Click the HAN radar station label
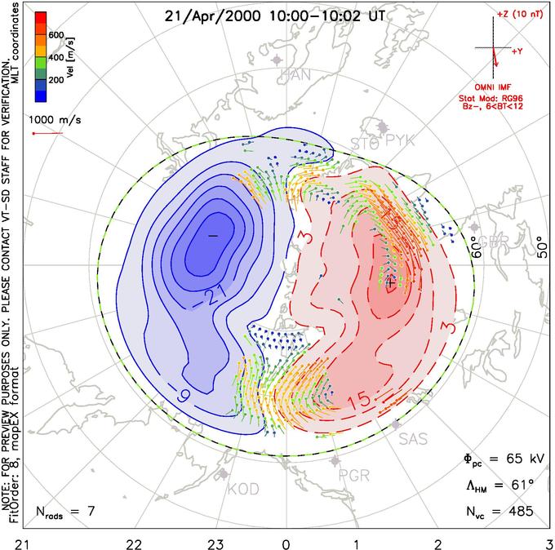(x=295, y=76)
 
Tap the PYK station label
(x=400, y=142)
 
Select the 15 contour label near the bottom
(x=357, y=401)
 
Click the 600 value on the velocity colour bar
(x=56, y=34)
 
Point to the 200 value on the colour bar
(x=56, y=82)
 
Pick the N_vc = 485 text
(x=498, y=512)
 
